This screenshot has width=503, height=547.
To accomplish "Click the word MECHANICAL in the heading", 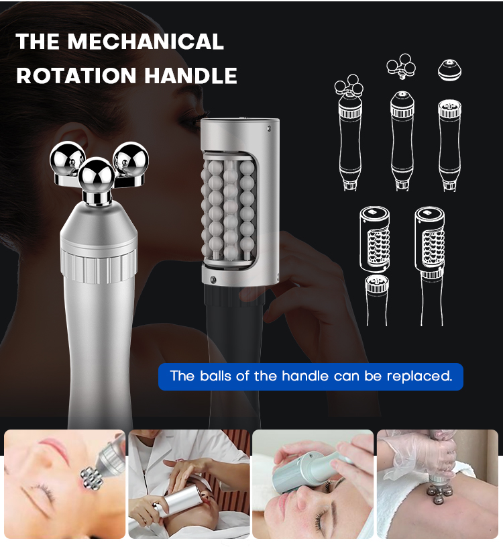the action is pos(146,41).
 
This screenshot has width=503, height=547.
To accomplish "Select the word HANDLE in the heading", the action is pos(190,75).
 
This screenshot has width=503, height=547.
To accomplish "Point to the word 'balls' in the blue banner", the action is pos(215,376).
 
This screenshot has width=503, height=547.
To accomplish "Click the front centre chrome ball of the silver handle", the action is pos(96,175).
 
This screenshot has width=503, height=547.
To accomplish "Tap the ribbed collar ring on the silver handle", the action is pos(98,266).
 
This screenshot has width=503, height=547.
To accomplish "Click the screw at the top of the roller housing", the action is pos(269,128).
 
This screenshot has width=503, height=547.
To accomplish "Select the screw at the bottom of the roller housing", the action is pos(213,279).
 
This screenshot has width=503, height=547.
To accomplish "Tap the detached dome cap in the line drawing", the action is pos(449,69).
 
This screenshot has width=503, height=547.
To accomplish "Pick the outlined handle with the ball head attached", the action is pos(349,133).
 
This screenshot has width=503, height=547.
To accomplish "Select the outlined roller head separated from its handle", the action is pos(374,239).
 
